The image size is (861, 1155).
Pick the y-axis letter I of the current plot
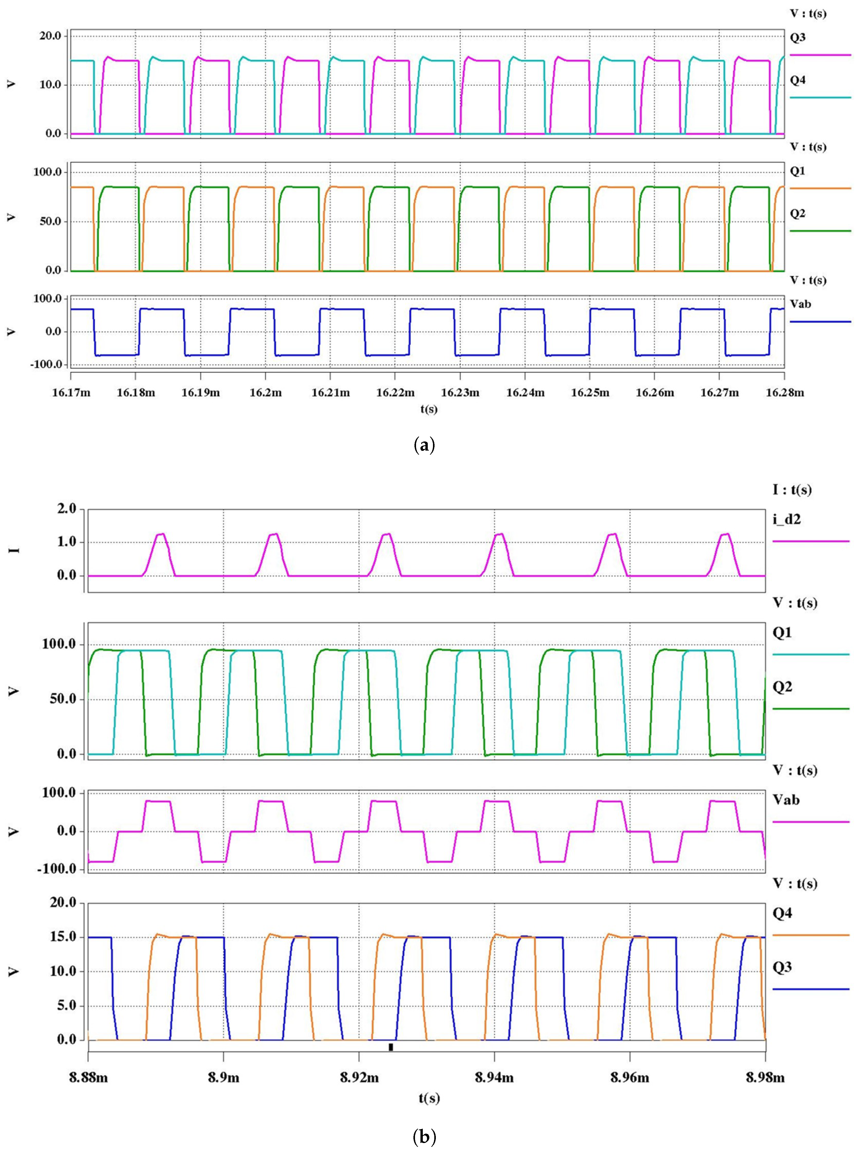(x=16, y=549)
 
